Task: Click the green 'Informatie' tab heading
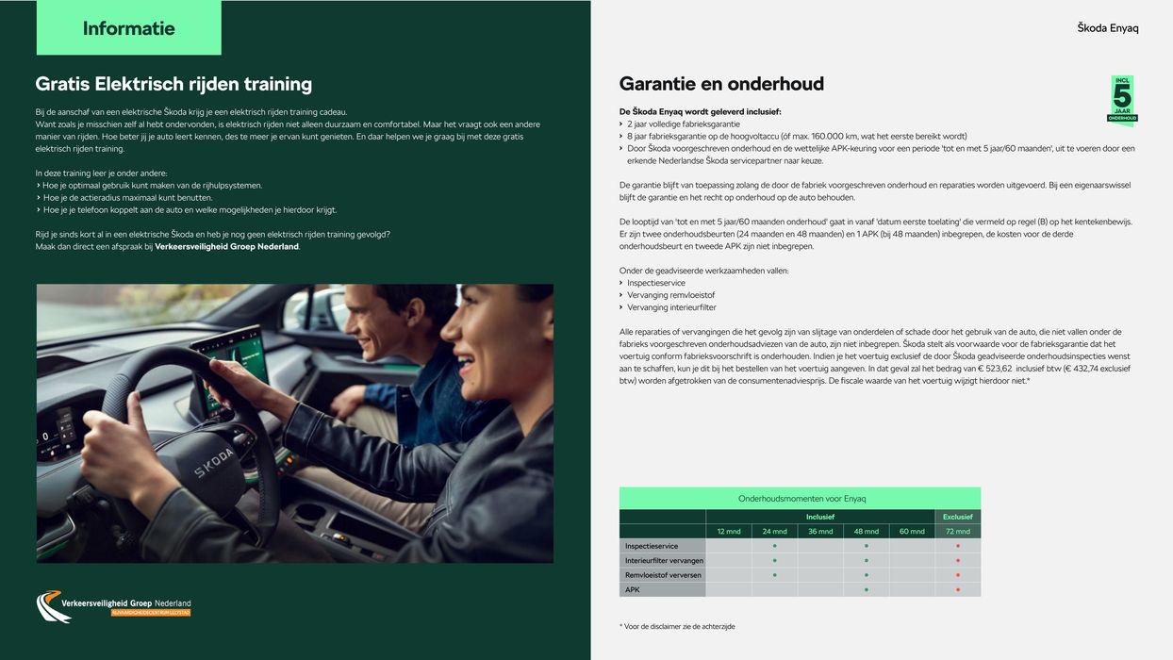(x=128, y=28)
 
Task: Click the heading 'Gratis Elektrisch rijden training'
(x=173, y=84)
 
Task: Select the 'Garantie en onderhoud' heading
(x=721, y=84)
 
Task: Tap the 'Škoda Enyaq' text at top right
(x=1108, y=28)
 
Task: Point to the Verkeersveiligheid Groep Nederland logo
(x=113, y=606)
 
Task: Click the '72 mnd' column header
(x=957, y=531)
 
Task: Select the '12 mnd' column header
(x=729, y=531)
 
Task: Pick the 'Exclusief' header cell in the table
(x=957, y=517)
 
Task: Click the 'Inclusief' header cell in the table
(x=819, y=517)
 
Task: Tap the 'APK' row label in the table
(x=633, y=589)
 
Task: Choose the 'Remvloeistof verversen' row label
(x=663, y=575)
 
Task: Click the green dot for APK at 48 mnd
(x=866, y=589)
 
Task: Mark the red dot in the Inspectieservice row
(x=957, y=546)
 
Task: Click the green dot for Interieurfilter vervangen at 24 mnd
(x=774, y=560)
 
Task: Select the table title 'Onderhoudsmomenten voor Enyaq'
(x=801, y=498)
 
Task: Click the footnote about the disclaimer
(x=677, y=626)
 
